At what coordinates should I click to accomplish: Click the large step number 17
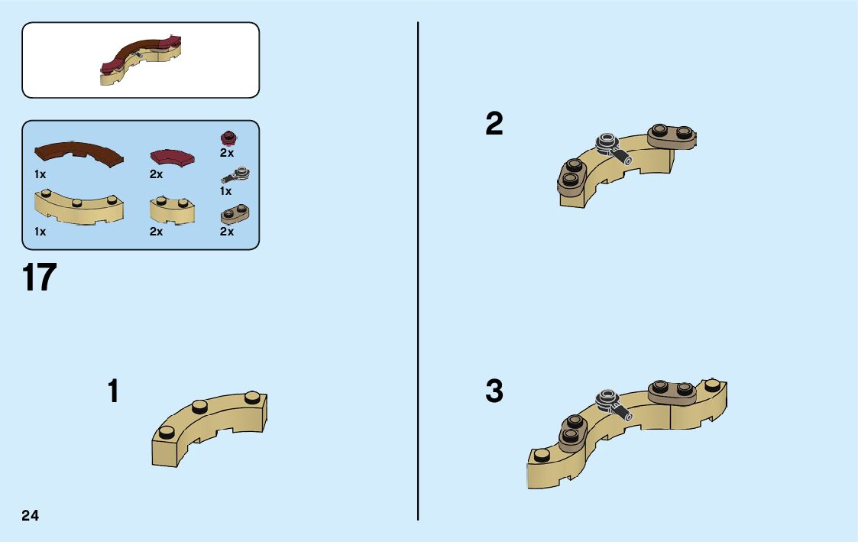[x=40, y=278]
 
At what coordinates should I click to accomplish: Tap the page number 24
[x=31, y=515]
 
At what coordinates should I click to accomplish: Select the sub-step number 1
[x=113, y=391]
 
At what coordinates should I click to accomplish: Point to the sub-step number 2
[x=494, y=124]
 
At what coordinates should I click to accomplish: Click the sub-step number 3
[x=494, y=391]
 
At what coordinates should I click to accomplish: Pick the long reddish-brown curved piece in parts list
[x=79, y=151]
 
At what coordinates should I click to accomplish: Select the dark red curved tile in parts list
[x=172, y=157]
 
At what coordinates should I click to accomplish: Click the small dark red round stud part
[x=227, y=138]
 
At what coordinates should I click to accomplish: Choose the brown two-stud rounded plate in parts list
[x=235, y=214]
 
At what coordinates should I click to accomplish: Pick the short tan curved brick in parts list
[x=172, y=209]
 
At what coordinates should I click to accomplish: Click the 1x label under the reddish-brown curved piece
[x=40, y=174]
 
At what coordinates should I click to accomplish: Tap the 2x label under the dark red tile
[x=157, y=174]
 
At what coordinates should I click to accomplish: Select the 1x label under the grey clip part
[x=226, y=191]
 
